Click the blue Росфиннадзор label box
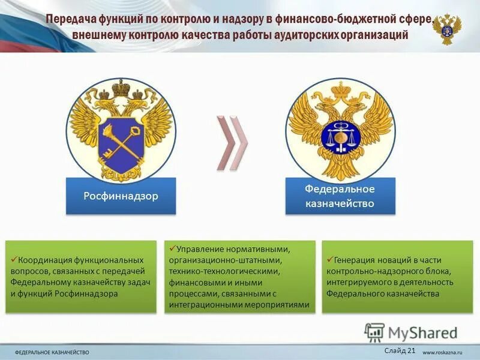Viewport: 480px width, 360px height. click(121, 196)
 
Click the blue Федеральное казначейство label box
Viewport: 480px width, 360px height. click(340, 196)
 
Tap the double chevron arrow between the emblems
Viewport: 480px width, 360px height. click(231, 142)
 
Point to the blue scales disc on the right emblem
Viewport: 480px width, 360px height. click(340, 137)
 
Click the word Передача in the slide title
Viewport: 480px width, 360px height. click(70, 19)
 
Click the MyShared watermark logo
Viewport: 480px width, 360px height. click(411, 332)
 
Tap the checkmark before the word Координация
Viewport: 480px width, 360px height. click(14, 259)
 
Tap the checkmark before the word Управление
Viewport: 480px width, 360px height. click(172, 247)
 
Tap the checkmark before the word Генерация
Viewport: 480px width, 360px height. click(329, 259)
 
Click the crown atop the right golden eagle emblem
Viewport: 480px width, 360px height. click(341, 89)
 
